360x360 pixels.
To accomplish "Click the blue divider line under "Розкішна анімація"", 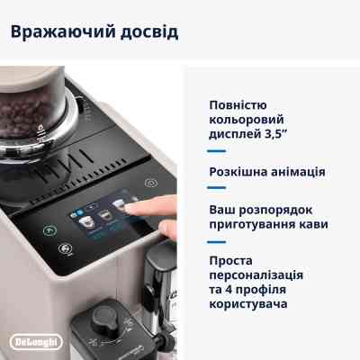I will (x=217, y=189).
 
